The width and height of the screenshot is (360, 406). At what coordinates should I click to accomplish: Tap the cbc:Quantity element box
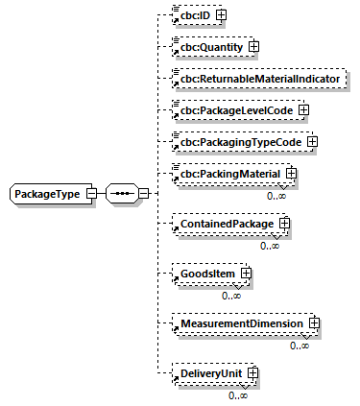click(205, 46)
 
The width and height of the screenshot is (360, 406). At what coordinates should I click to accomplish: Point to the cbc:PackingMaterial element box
click(227, 175)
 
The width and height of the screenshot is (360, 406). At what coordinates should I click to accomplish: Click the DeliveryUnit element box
click(210, 373)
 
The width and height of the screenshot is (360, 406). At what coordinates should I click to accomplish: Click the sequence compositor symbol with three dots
click(120, 194)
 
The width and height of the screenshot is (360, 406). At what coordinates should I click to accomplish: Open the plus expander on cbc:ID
click(220, 15)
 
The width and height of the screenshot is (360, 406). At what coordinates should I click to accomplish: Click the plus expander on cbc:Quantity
click(253, 46)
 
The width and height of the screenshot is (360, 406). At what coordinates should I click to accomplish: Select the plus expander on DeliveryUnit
click(253, 373)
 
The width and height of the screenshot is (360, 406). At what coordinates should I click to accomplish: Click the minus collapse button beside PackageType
click(90, 194)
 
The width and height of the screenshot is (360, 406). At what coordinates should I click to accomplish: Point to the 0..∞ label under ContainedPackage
click(270, 246)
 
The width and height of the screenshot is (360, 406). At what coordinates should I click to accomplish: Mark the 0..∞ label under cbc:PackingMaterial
click(276, 196)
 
